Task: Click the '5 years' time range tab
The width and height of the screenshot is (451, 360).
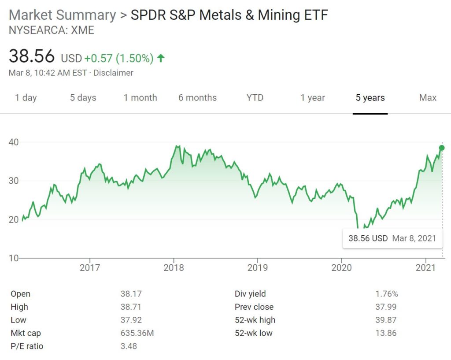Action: [x=370, y=98]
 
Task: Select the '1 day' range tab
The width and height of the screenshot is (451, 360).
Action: [x=26, y=98]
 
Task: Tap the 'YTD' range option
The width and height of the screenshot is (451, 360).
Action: [x=255, y=98]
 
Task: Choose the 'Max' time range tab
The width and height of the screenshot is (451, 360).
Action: [x=427, y=98]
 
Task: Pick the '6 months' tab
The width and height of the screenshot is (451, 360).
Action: [x=197, y=98]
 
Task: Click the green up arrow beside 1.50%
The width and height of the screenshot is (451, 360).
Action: [x=161, y=58]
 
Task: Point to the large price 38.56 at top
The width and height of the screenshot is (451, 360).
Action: [x=32, y=56]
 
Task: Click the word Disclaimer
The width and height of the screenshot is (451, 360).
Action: [x=113, y=73]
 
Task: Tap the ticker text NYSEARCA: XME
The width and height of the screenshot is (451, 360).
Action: [x=51, y=30]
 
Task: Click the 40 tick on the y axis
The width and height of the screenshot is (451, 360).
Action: [x=15, y=142]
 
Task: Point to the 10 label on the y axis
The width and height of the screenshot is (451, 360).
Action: [x=15, y=258]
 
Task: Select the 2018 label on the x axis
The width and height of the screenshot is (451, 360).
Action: [x=174, y=267]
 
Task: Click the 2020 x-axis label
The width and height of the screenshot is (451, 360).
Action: [x=342, y=267]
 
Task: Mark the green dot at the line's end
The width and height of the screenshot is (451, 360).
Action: [x=442, y=148]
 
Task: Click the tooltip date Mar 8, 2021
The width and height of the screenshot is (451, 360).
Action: [x=414, y=238]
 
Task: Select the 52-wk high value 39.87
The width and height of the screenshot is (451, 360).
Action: [x=386, y=320]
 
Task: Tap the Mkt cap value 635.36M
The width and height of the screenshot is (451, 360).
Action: [x=137, y=333]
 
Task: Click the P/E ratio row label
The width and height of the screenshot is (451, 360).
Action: [x=27, y=346]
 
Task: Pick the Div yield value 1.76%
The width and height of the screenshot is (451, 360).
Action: [x=386, y=294]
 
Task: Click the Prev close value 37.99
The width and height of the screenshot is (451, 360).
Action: [x=386, y=307]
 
